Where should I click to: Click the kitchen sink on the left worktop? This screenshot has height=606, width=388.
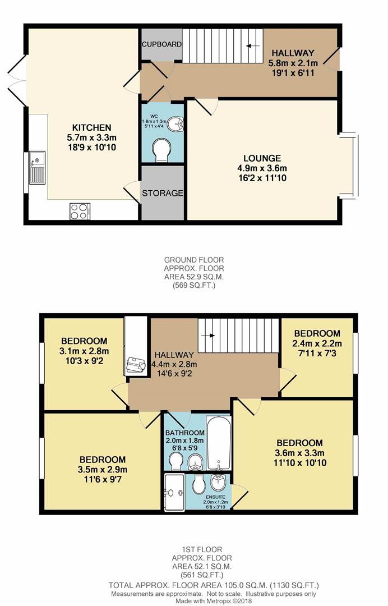(37, 167)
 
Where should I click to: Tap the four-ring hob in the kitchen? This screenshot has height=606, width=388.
(80, 211)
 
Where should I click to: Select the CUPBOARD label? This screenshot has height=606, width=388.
(161, 44)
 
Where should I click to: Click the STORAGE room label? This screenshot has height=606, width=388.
(162, 193)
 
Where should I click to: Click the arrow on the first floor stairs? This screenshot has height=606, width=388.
(211, 336)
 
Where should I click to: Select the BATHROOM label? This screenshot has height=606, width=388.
(184, 433)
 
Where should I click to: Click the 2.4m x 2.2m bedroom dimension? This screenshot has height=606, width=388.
(317, 343)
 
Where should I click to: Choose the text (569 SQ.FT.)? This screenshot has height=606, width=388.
(193, 286)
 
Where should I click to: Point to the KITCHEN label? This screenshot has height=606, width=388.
(87, 127)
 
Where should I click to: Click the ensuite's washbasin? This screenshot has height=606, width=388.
(217, 482)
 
